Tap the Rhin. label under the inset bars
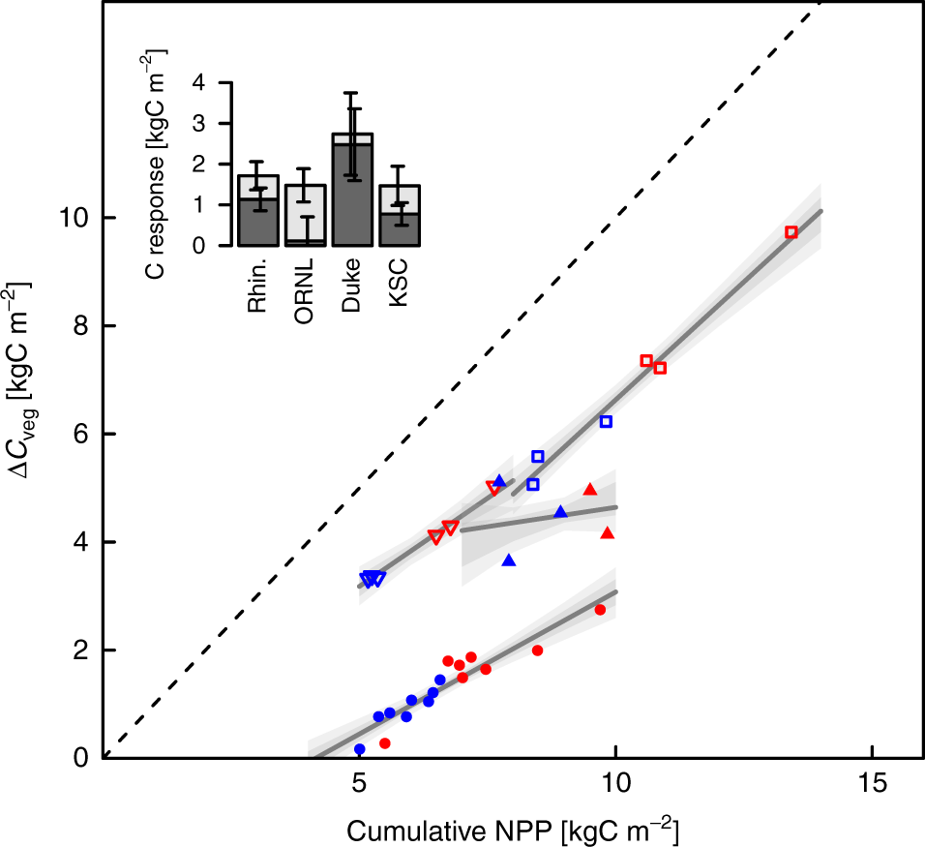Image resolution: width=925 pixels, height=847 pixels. (257, 289)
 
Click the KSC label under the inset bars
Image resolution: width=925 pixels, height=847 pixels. (399, 285)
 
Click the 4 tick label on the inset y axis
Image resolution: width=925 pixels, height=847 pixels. (198, 83)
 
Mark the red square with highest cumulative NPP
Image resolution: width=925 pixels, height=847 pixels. (791, 232)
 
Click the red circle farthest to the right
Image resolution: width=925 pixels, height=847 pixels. (600, 610)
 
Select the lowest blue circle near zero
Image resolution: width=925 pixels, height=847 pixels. (360, 749)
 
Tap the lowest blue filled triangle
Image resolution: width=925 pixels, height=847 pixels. (509, 560)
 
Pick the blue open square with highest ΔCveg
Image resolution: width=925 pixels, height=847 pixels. (606, 421)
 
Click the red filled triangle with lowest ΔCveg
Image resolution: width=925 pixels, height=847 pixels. (608, 533)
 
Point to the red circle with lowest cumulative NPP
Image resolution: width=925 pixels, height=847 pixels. (385, 743)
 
